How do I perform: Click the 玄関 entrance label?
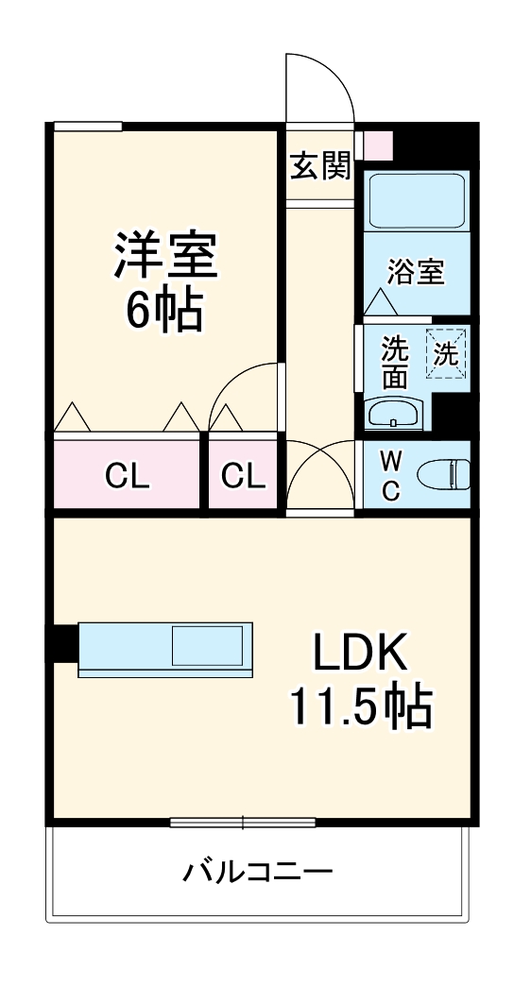(x=319, y=166)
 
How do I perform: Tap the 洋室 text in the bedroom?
(x=166, y=255)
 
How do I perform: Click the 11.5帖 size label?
(x=360, y=705)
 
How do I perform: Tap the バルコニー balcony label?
(x=257, y=870)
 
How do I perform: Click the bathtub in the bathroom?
(x=416, y=200)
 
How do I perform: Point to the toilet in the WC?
(x=444, y=474)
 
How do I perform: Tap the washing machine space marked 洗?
(x=445, y=353)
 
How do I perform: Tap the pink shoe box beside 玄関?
(x=378, y=144)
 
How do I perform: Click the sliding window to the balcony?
(x=242, y=822)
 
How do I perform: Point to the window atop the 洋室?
(x=88, y=127)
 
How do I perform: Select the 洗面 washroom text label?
(x=394, y=363)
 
